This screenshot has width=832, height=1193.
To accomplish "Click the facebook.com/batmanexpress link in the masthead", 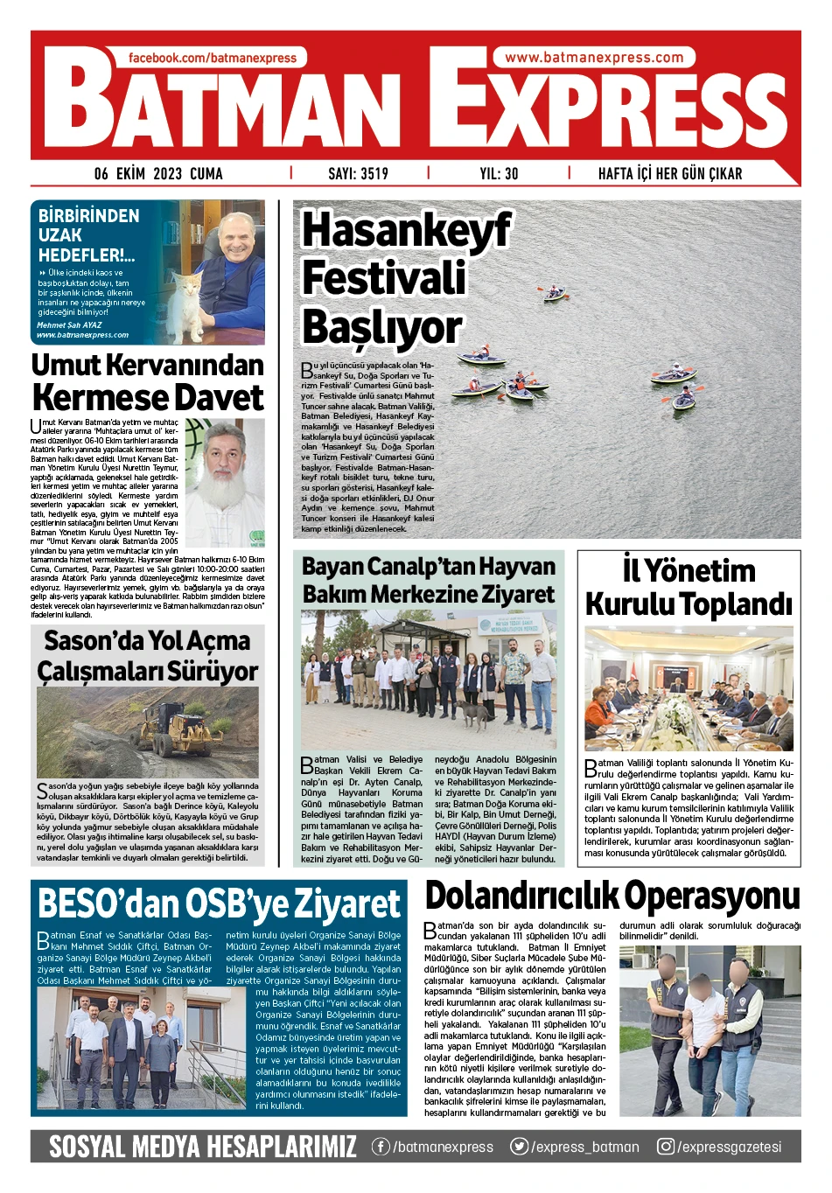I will click(213, 58).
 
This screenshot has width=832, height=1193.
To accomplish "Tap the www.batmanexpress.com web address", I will click(594, 58).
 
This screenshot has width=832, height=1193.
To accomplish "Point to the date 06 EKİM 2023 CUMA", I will click(158, 173).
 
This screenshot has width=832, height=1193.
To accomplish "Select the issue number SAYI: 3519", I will click(358, 173).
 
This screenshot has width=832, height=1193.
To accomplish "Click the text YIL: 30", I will click(499, 173).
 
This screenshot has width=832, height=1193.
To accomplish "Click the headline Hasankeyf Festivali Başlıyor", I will click(406, 279).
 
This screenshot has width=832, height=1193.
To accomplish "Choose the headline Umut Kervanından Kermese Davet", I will click(148, 381).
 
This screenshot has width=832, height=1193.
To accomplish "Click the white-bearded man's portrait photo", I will click(225, 481).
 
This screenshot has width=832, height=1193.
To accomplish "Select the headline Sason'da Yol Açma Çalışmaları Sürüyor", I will click(148, 656).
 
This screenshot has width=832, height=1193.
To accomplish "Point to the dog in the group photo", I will click(472, 714).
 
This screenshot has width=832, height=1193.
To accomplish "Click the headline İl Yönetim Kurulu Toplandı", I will click(689, 587).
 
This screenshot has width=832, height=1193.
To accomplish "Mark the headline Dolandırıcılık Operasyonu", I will click(612, 896).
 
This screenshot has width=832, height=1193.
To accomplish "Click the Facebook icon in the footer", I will click(381, 1147).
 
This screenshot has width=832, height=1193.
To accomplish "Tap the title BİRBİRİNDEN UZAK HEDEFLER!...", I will click(87, 235).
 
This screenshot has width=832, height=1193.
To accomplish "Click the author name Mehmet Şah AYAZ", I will click(69, 324).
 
